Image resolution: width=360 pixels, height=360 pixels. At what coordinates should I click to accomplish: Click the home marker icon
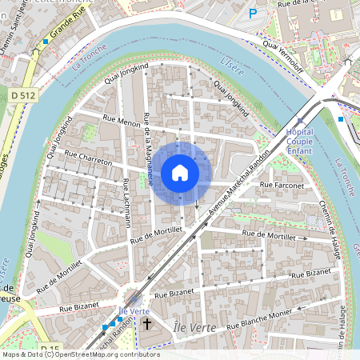point(180,172)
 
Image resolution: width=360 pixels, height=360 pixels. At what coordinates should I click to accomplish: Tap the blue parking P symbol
point(254,13)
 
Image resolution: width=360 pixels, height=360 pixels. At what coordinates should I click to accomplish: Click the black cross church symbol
point(146,324)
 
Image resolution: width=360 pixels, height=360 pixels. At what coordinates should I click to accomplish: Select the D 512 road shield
point(24,95)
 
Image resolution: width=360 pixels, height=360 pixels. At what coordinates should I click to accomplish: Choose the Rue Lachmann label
point(126,204)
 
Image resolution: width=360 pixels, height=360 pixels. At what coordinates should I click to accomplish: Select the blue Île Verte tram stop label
point(134,310)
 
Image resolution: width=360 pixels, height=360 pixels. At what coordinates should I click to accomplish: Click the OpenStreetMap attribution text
point(80,354)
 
